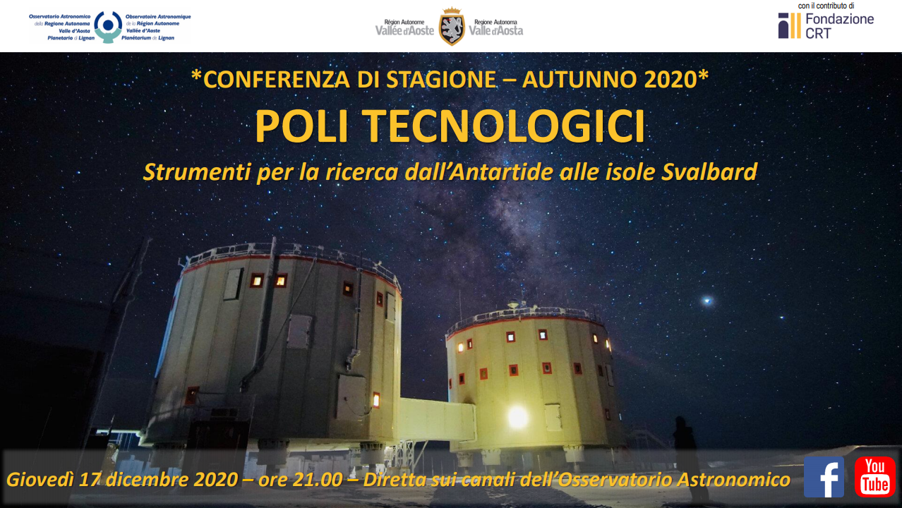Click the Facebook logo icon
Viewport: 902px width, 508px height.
[x=824, y=477]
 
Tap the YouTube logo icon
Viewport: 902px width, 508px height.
[x=874, y=477]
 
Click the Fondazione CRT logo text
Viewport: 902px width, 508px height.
[x=839, y=26]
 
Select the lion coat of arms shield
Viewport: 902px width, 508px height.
[x=452, y=27]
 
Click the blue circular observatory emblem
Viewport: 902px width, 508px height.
[x=108, y=27]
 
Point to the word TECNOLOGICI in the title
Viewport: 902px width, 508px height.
[x=505, y=126]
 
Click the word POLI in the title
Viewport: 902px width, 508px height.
[x=301, y=126]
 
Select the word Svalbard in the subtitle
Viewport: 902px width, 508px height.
[x=709, y=172]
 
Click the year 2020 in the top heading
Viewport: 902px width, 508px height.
[x=670, y=79]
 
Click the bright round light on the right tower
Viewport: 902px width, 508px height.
[x=517, y=416]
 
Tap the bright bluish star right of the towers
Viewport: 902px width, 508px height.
[x=707, y=301]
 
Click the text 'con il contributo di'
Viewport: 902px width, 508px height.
[x=826, y=6]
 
